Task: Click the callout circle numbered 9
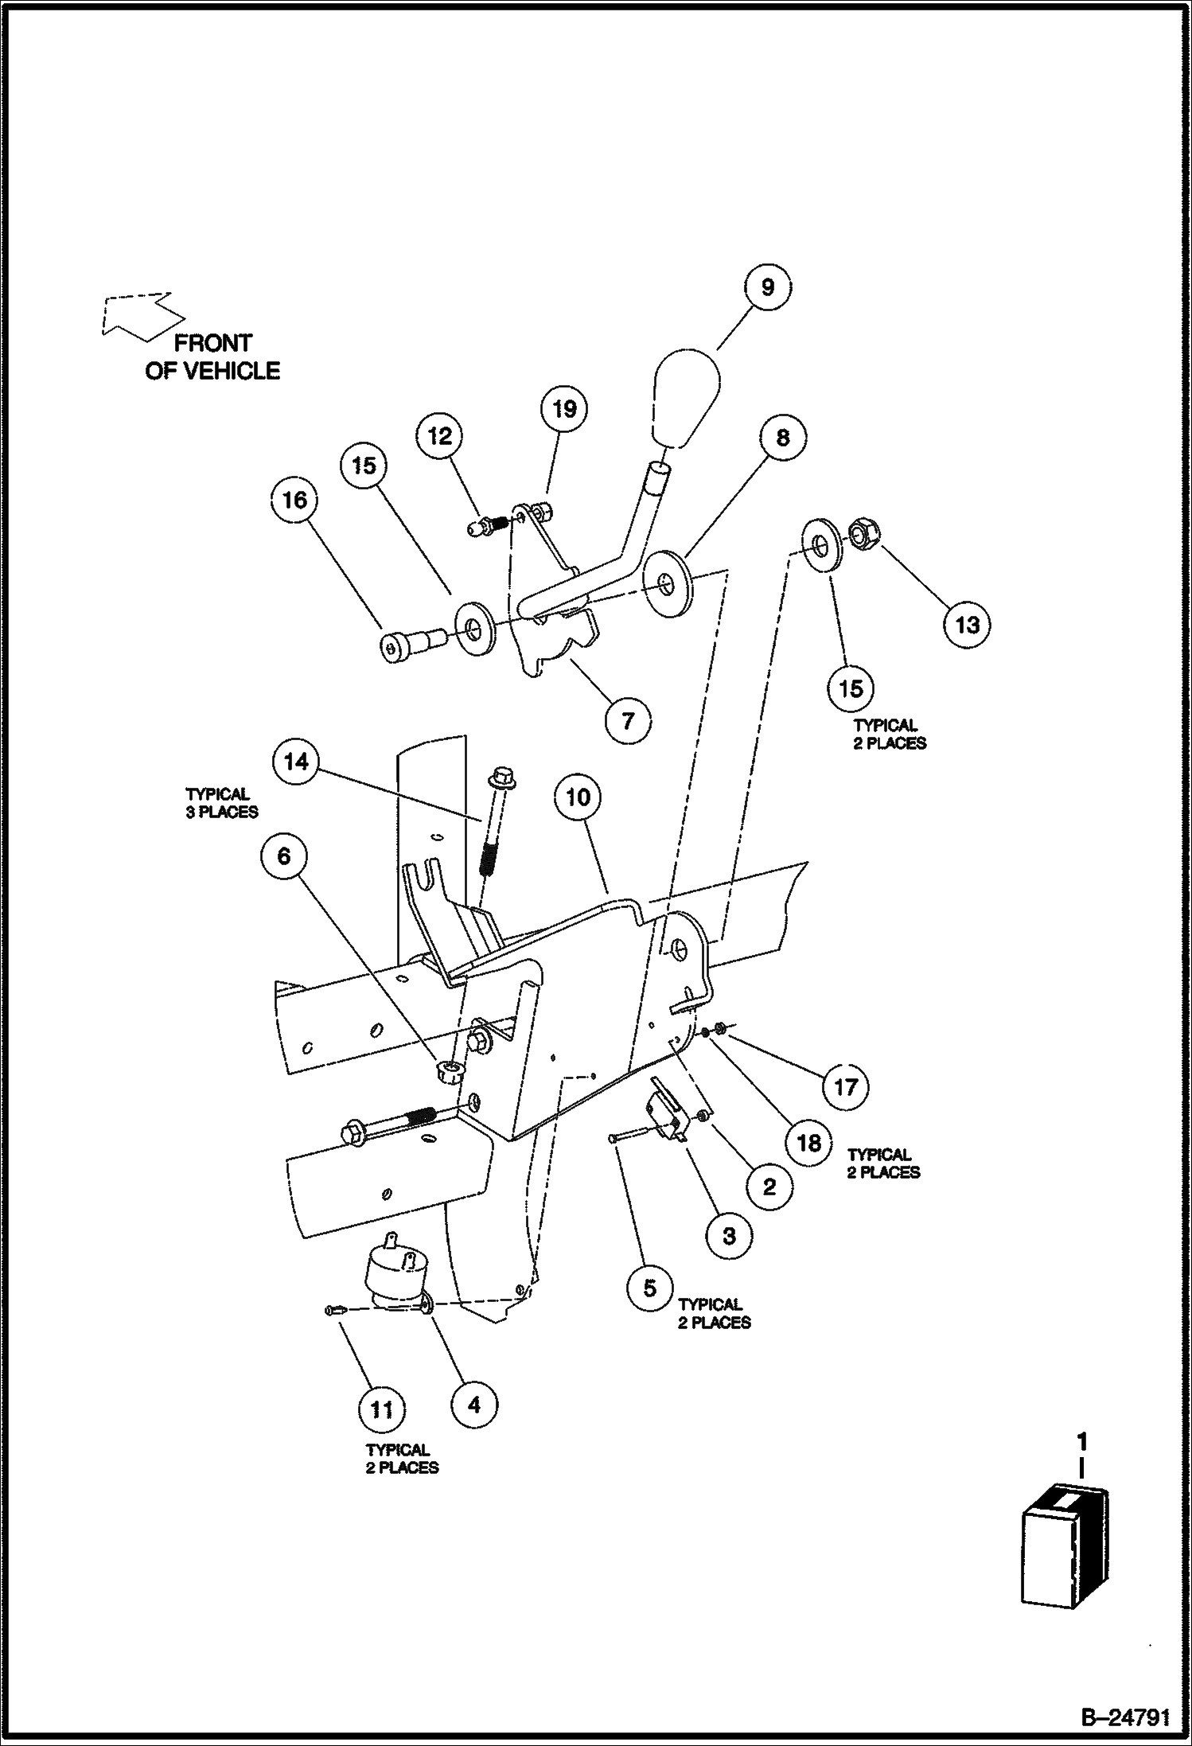[x=768, y=286]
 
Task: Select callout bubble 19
[x=564, y=409]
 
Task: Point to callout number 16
[x=294, y=500]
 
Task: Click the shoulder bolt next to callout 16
[x=411, y=644]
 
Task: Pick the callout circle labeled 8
[x=783, y=438]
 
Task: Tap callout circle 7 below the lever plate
[x=628, y=721]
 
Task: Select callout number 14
[x=296, y=762]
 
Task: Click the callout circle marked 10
[x=578, y=797]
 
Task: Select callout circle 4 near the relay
[x=474, y=1405]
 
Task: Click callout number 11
[x=382, y=1409]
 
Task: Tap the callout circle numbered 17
[x=845, y=1086]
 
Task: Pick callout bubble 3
[x=729, y=1236]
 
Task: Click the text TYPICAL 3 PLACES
[x=222, y=803]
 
